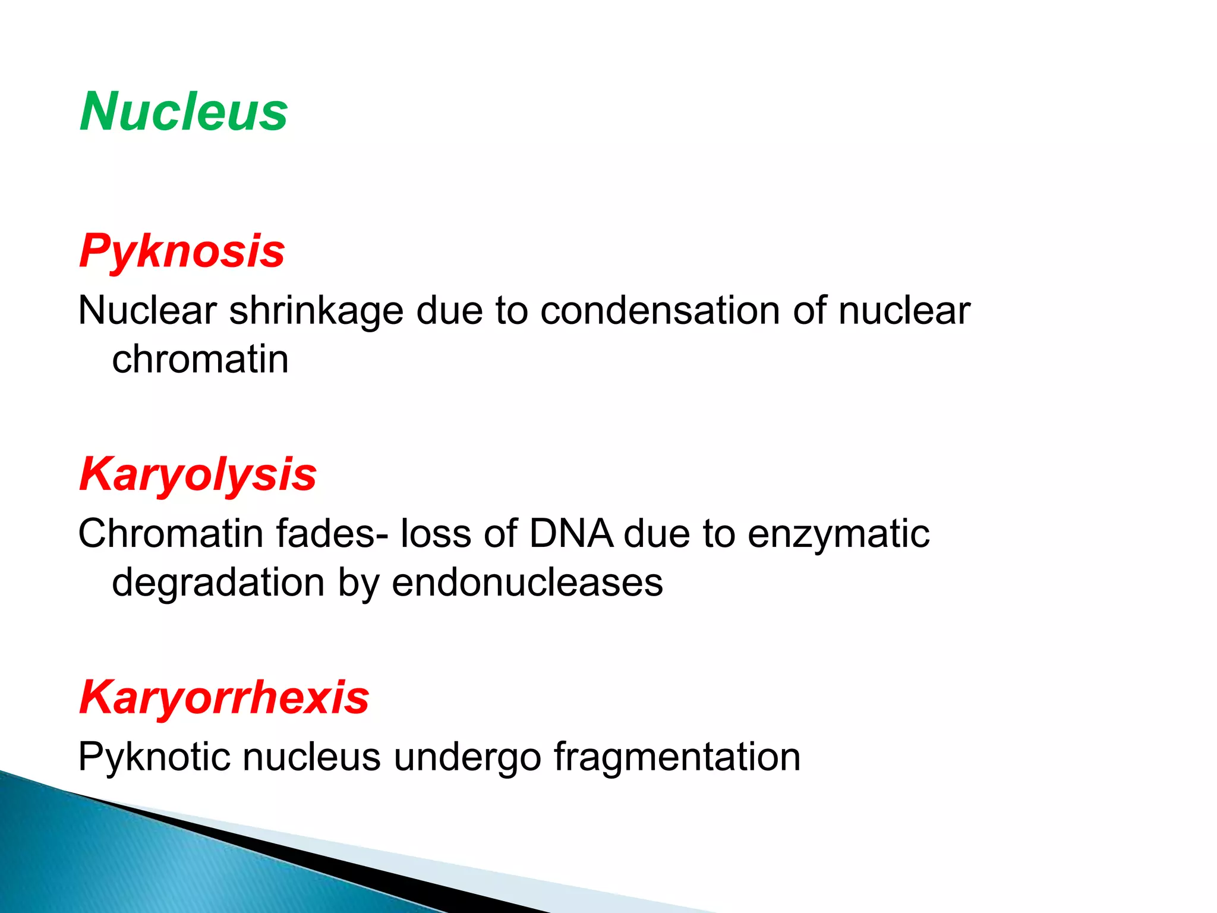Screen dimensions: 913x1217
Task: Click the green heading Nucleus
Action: click(x=184, y=111)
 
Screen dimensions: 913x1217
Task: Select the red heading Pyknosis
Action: click(x=182, y=251)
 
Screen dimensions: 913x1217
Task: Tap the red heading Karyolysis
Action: click(x=198, y=474)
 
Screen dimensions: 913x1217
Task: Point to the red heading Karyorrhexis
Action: click(x=224, y=697)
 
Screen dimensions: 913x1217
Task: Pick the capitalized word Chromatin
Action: click(x=171, y=533)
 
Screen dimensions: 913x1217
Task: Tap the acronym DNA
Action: click(x=570, y=533)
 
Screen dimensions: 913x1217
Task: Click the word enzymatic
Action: click(x=838, y=534)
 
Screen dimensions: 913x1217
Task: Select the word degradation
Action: click(x=218, y=583)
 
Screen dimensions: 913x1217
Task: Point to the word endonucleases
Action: click(x=527, y=582)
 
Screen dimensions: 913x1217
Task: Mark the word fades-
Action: click(x=333, y=533)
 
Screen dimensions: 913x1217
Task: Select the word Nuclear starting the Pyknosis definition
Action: click(x=147, y=311)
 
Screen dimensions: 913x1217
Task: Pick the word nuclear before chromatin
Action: click(x=904, y=311)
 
